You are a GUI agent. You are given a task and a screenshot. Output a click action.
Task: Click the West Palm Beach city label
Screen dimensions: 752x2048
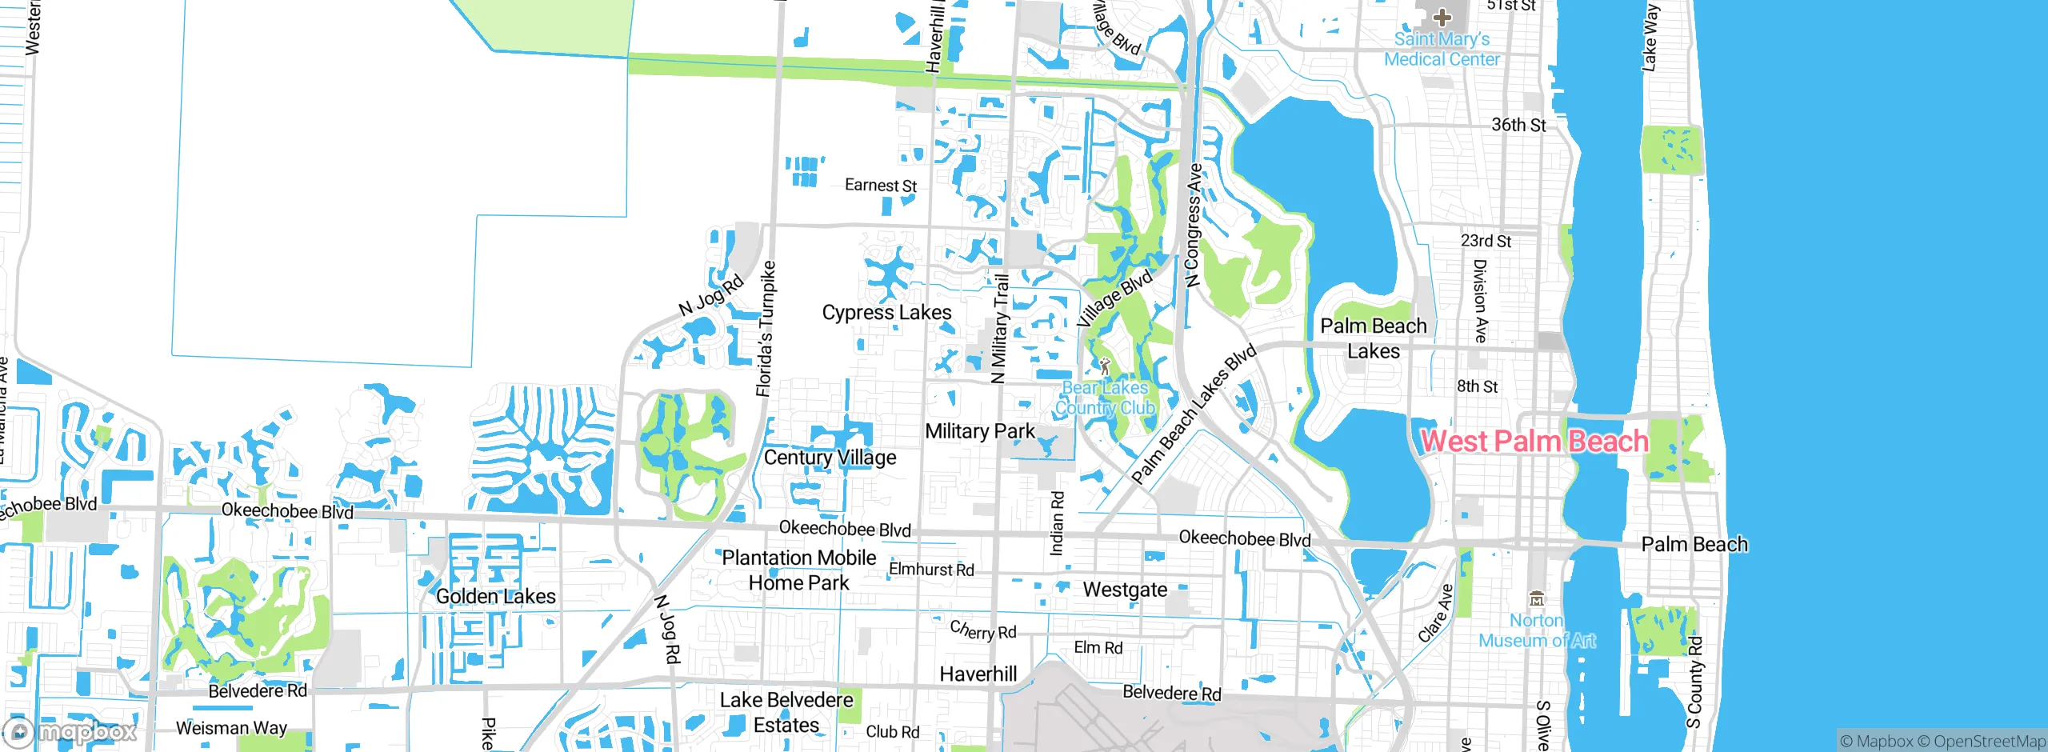click(x=1534, y=441)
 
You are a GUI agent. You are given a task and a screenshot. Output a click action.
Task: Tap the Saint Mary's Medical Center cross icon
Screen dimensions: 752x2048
click(x=1442, y=17)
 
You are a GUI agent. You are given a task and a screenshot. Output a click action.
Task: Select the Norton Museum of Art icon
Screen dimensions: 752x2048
click(x=1536, y=598)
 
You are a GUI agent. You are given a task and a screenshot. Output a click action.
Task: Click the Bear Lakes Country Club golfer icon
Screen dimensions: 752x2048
click(x=1105, y=366)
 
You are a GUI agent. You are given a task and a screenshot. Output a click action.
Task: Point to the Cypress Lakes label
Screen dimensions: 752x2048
click(x=886, y=312)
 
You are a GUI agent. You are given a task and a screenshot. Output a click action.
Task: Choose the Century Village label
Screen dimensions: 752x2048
click(x=830, y=458)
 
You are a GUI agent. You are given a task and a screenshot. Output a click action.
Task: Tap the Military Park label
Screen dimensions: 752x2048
click(x=980, y=431)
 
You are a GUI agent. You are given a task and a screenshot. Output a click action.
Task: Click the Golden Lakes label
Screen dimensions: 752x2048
click(x=495, y=596)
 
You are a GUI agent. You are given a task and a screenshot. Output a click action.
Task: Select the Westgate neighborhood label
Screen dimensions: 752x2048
click(x=1125, y=590)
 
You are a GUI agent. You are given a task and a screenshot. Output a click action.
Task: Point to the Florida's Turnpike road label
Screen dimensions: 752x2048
click(x=766, y=328)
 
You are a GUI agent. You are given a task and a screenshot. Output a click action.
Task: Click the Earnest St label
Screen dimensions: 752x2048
click(x=880, y=186)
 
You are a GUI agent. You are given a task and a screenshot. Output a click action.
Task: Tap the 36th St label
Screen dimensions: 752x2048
click(x=1518, y=125)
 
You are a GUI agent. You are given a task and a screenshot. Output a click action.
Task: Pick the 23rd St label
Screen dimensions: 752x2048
click(x=1486, y=241)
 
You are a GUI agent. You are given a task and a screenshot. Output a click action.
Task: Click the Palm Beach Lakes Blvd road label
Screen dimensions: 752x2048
click(x=1194, y=414)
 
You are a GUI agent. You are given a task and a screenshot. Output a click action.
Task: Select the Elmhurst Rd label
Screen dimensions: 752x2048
click(x=931, y=570)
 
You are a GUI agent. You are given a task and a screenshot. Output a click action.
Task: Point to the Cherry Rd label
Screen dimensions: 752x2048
click(x=983, y=630)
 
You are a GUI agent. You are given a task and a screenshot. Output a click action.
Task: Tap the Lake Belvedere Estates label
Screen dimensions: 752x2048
click(x=786, y=712)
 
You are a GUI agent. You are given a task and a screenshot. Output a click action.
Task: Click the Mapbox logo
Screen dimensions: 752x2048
click(x=70, y=731)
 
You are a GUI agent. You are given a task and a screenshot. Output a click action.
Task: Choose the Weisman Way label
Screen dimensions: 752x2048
click(x=231, y=728)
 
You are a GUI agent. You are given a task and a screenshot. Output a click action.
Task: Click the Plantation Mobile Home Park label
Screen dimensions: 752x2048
click(x=799, y=570)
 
